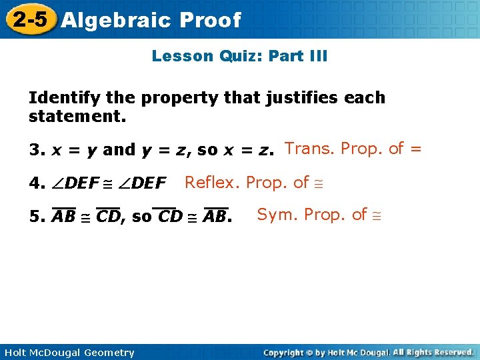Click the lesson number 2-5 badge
(x=29, y=19)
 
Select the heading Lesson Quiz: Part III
(x=239, y=56)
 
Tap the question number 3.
(x=35, y=150)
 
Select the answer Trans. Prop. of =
(x=353, y=149)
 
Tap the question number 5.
(x=35, y=217)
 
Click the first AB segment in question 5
(x=64, y=217)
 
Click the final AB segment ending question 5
(x=215, y=217)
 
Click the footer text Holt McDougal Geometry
(x=67, y=353)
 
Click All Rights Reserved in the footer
(x=433, y=353)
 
